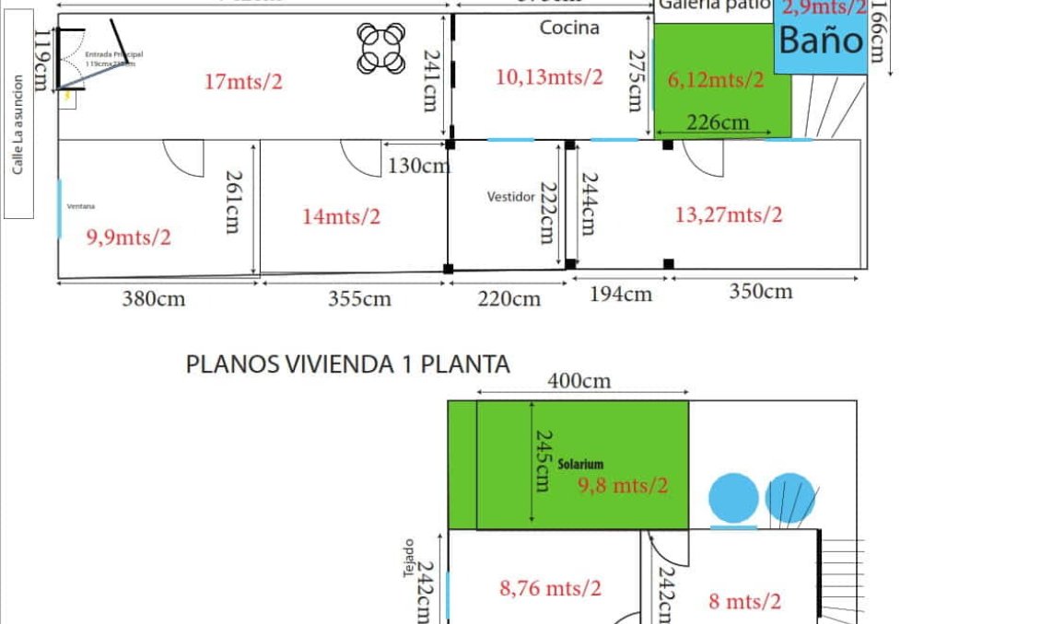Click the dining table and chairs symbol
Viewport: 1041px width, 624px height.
pyautogui.click(x=382, y=47)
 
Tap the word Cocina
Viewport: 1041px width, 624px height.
pyautogui.click(x=569, y=28)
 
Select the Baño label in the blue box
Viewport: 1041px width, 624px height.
pyautogui.click(x=821, y=40)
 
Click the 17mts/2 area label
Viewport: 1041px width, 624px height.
pyautogui.click(x=243, y=82)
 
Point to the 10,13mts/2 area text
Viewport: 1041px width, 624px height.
pyautogui.click(x=549, y=77)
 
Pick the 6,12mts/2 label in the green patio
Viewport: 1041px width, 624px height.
pyautogui.click(x=716, y=80)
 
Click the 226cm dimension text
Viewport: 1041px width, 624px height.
pyautogui.click(x=718, y=121)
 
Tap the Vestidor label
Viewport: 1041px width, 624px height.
pyautogui.click(x=511, y=197)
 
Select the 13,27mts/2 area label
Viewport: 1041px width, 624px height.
pyautogui.click(x=729, y=215)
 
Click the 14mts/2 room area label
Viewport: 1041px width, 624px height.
pyautogui.click(x=341, y=217)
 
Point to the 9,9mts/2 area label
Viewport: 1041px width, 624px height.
pyautogui.click(x=129, y=237)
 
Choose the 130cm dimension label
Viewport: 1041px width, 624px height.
pyautogui.click(x=419, y=166)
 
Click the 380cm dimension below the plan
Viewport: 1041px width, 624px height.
pyautogui.click(x=154, y=299)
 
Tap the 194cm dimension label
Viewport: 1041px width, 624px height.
pyautogui.click(x=620, y=295)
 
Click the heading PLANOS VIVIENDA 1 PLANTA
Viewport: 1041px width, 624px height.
pyautogui.click(x=348, y=364)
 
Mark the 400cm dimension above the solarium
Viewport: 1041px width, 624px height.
pyautogui.click(x=579, y=381)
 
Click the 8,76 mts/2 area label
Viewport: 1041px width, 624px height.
pyautogui.click(x=550, y=588)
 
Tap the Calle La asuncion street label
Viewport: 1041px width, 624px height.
pyautogui.click(x=18, y=138)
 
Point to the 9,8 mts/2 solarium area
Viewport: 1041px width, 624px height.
pyautogui.click(x=623, y=485)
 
